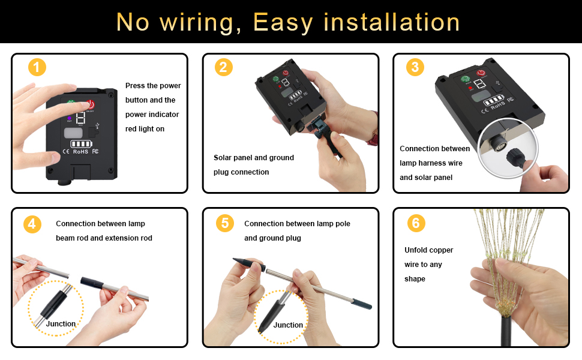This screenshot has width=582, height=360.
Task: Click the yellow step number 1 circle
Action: point(37,67)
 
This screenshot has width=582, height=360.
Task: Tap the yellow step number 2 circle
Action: point(223,67)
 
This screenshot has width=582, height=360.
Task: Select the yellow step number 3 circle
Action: point(415,67)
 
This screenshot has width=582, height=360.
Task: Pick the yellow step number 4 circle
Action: point(32,224)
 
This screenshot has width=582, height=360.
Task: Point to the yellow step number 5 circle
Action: point(224,224)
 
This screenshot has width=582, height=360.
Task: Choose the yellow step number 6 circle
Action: point(415,224)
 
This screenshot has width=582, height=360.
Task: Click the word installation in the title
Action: point(392,22)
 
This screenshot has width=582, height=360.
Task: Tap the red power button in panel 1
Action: point(91,104)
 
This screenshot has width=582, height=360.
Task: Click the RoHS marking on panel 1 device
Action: point(81,152)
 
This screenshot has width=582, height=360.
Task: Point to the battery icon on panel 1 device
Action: point(82,144)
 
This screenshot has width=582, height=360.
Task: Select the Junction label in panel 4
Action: point(61,324)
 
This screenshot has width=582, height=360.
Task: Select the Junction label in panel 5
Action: point(288,325)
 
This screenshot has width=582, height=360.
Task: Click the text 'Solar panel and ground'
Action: point(254,158)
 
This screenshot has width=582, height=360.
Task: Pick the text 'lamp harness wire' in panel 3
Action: point(431,163)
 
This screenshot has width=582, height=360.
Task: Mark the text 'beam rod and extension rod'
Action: point(104,238)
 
